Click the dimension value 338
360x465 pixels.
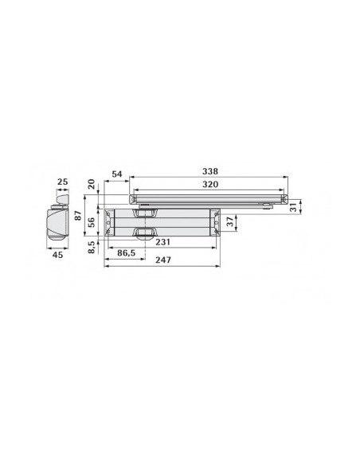click(209, 171)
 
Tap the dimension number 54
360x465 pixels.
click(116, 174)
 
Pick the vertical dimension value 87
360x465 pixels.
click(77, 217)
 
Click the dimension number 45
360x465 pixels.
click(57, 256)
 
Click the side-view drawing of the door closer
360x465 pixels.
click(56, 223)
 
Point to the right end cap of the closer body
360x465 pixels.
click(213, 222)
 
